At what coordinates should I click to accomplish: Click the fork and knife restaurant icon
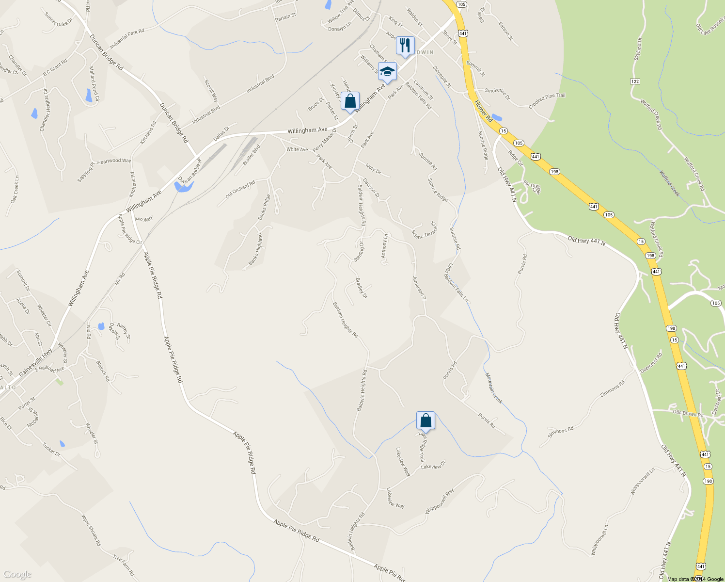[405, 46]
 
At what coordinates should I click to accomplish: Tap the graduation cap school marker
[387, 72]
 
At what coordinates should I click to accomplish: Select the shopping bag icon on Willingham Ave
[350, 101]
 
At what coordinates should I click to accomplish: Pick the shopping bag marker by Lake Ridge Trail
[426, 420]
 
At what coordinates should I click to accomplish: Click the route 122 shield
[635, 81]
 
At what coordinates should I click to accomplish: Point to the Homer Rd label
[483, 111]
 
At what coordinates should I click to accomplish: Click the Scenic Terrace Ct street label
[424, 232]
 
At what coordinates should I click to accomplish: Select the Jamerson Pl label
[419, 288]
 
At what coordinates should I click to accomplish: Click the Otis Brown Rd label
[688, 414]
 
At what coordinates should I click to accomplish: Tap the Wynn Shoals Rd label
[91, 530]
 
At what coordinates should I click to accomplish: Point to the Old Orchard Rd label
[240, 190]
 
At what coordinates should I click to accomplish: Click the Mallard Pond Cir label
[94, 84]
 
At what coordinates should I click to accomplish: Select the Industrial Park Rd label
[127, 39]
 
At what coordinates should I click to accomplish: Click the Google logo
[17, 574]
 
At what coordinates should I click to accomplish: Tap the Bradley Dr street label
[362, 288]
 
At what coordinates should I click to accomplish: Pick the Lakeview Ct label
[433, 466]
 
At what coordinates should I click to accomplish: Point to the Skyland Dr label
[637, 48]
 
